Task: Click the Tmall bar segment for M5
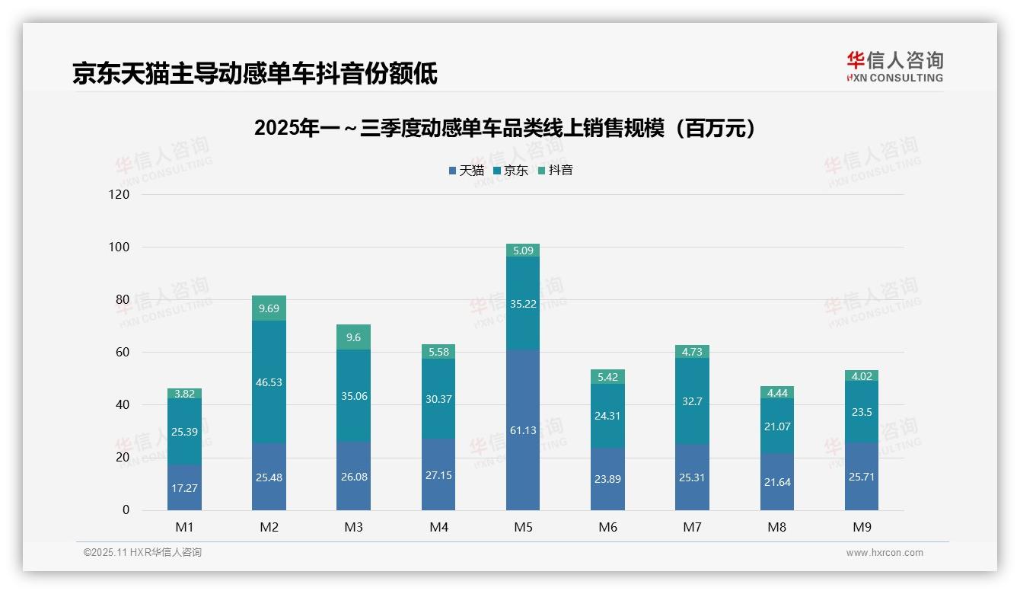pos(522,430)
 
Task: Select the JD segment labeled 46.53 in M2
pos(269,382)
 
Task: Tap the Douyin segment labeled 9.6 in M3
pos(353,337)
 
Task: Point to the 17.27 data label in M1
pos(184,488)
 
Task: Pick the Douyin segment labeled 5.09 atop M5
pos(522,250)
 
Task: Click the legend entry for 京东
pos(510,170)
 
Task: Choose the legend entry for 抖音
pos(555,170)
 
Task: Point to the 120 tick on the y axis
pos(120,194)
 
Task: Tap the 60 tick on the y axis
pos(123,352)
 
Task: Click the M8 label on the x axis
pos(776,527)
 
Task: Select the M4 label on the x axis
pos(438,527)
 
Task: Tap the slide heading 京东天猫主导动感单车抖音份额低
pos(255,73)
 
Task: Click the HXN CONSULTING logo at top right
pos(894,67)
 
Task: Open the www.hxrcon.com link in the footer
pos(885,553)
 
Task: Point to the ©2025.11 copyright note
pos(142,553)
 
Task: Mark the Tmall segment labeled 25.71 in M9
pos(861,477)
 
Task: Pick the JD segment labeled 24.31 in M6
pos(607,416)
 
